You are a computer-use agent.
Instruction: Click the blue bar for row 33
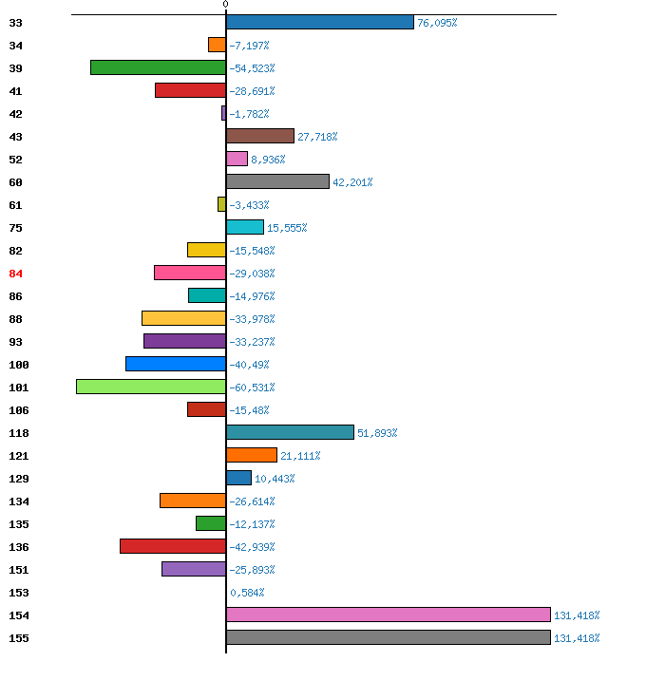[320, 22]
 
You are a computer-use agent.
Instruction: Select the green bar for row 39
[158, 67]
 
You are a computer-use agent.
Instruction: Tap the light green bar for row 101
[151, 387]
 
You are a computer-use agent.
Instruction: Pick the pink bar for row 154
[389, 615]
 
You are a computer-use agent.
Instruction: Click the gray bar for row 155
[389, 637]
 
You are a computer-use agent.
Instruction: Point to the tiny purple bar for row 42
[223, 113]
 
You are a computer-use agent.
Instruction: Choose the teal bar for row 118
[290, 432]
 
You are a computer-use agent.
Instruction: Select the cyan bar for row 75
[245, 227]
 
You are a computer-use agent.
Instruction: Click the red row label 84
[15, 274]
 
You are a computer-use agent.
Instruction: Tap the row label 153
[19, 593]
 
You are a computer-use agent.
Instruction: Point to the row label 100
[19, 365]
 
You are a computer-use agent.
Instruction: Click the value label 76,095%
[437, 23]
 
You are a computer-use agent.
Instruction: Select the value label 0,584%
[247, 593]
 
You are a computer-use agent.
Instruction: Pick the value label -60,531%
[252, 388]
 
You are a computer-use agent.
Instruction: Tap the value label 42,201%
[352, 182]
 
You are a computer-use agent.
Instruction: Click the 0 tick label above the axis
[225, 5]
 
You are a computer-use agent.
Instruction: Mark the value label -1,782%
[249, 114]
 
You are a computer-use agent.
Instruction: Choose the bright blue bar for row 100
[176, 364]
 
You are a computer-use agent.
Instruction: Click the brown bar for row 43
[260, 136]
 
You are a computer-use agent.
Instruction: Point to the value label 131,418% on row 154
[577, 615]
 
